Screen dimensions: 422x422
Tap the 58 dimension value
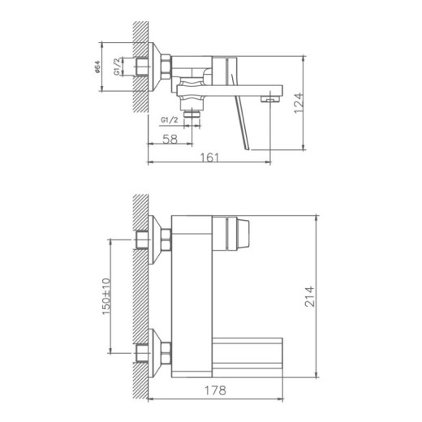coord(170,140)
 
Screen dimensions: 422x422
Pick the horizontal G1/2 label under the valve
coord(170,121)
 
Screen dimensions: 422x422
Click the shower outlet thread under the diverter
coord(192,115)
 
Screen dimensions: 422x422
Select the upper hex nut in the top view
coord(166,239)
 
